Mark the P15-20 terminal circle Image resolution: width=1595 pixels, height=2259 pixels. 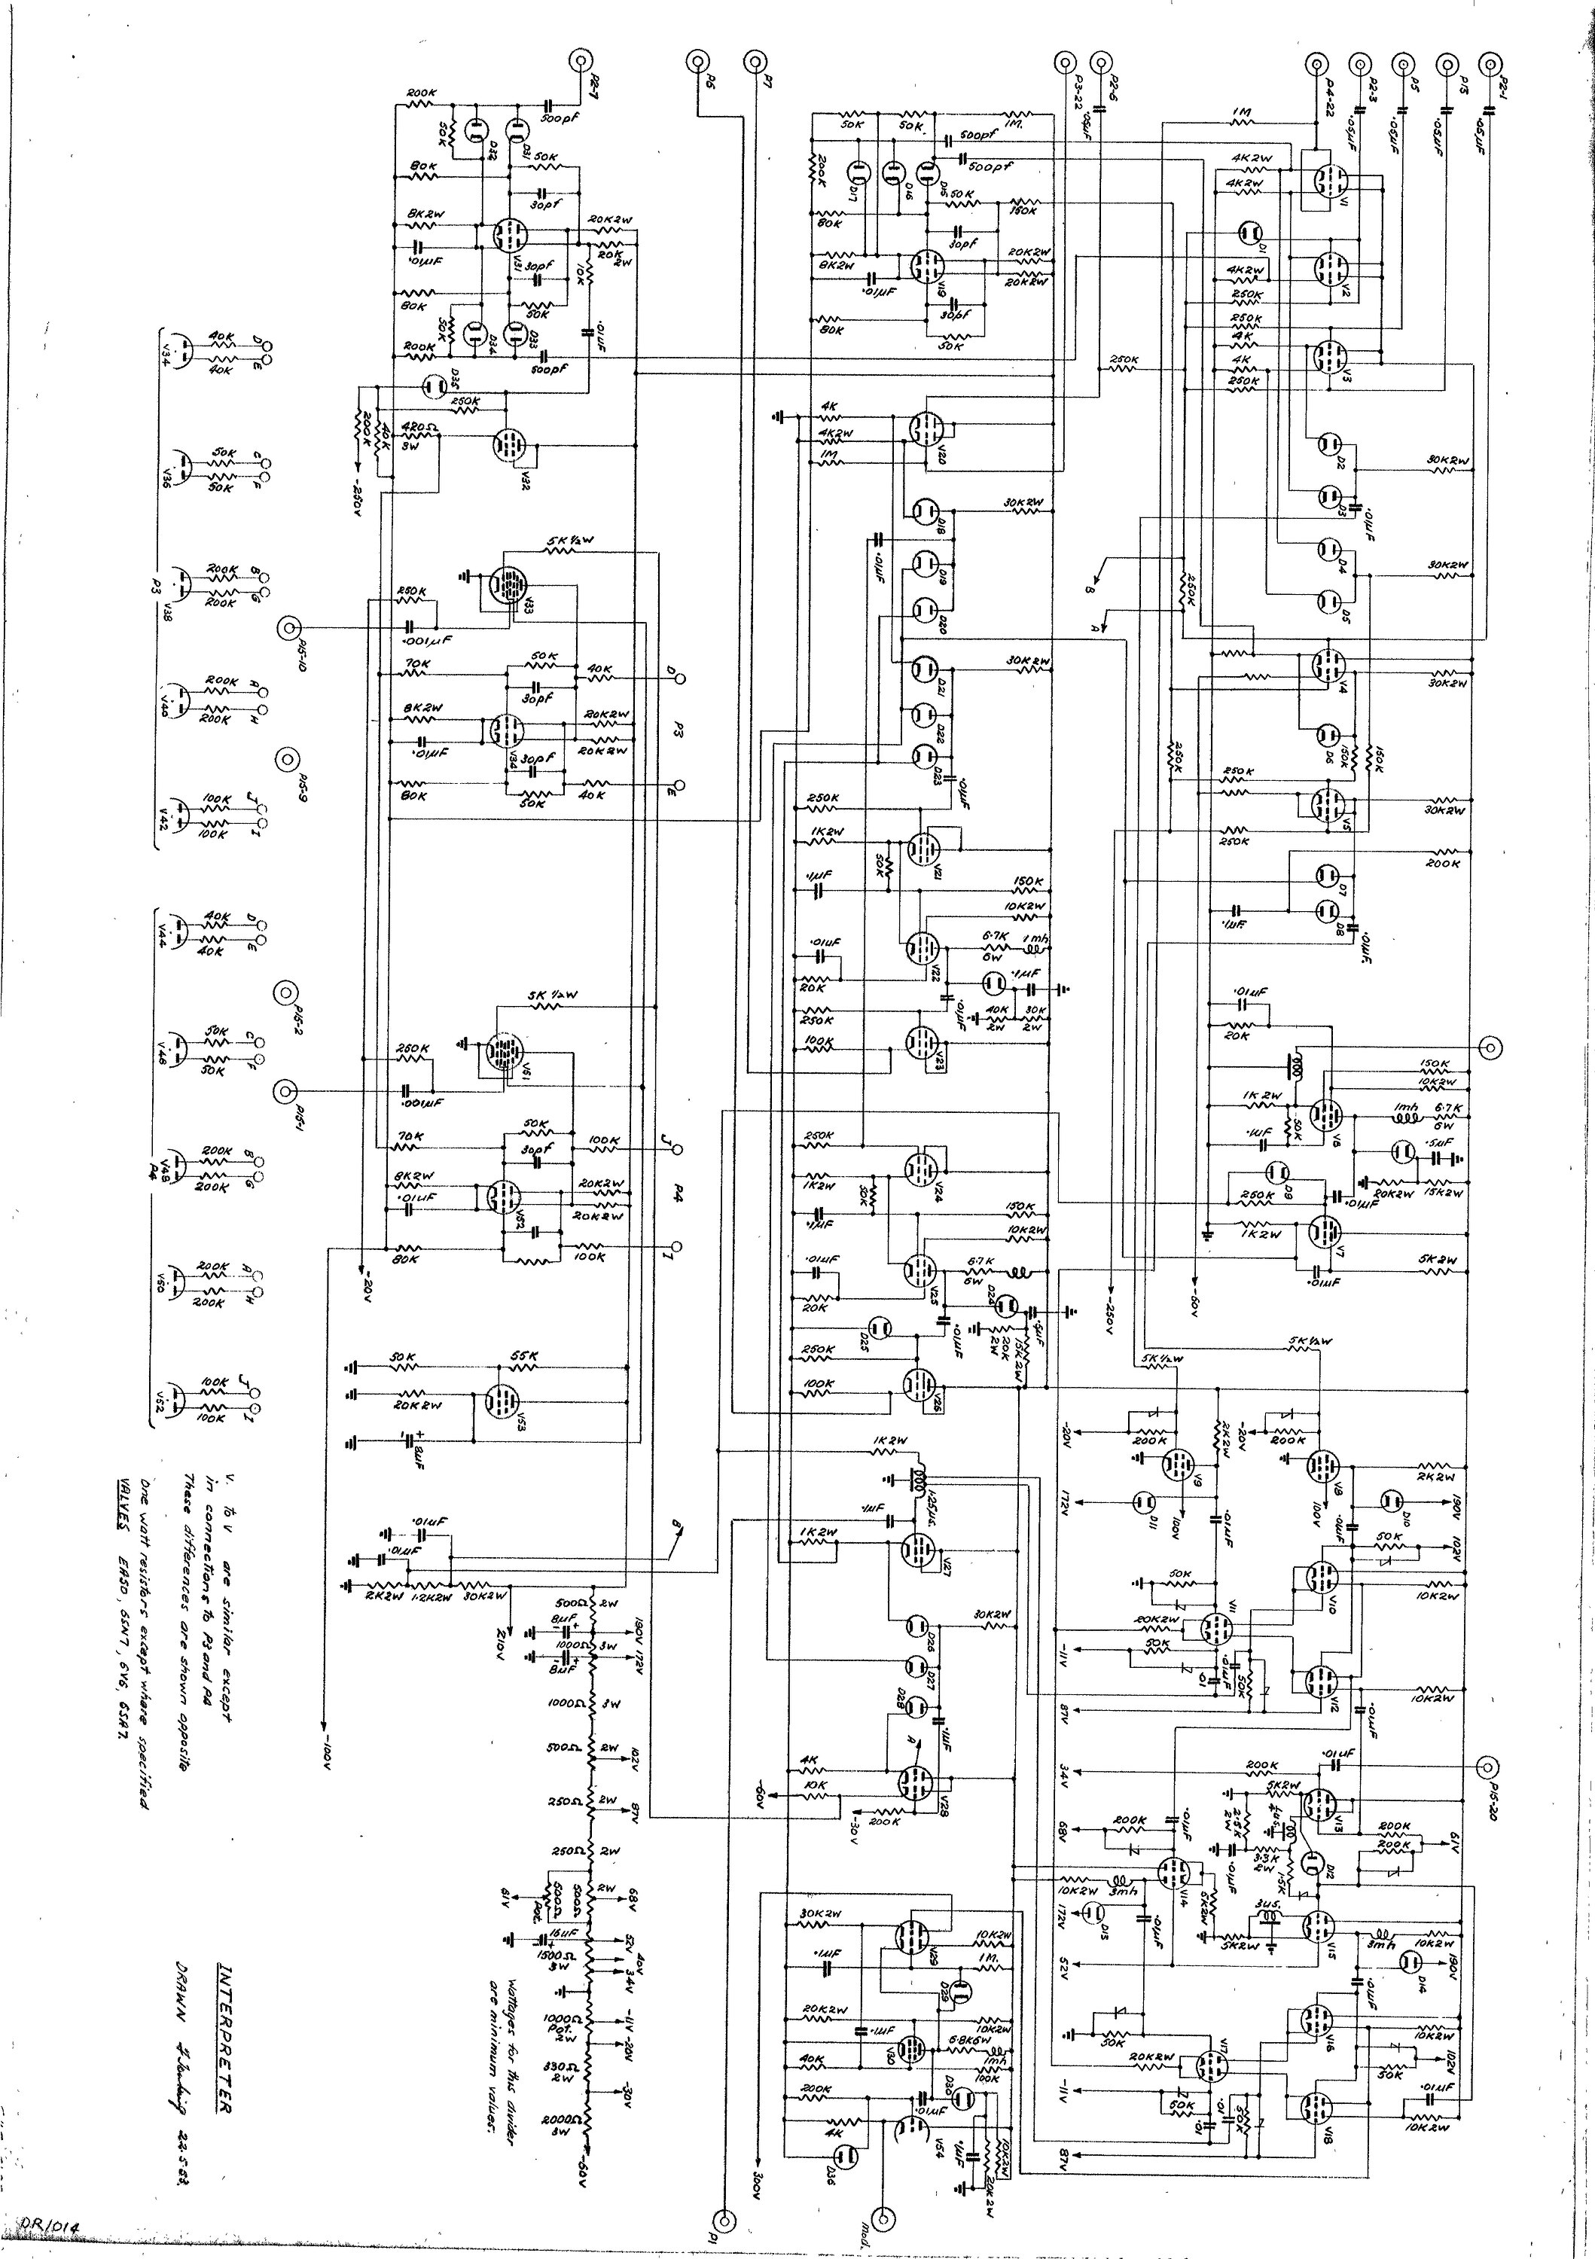[1489, 1766]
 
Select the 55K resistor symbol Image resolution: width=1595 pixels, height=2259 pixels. [523, 1367]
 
